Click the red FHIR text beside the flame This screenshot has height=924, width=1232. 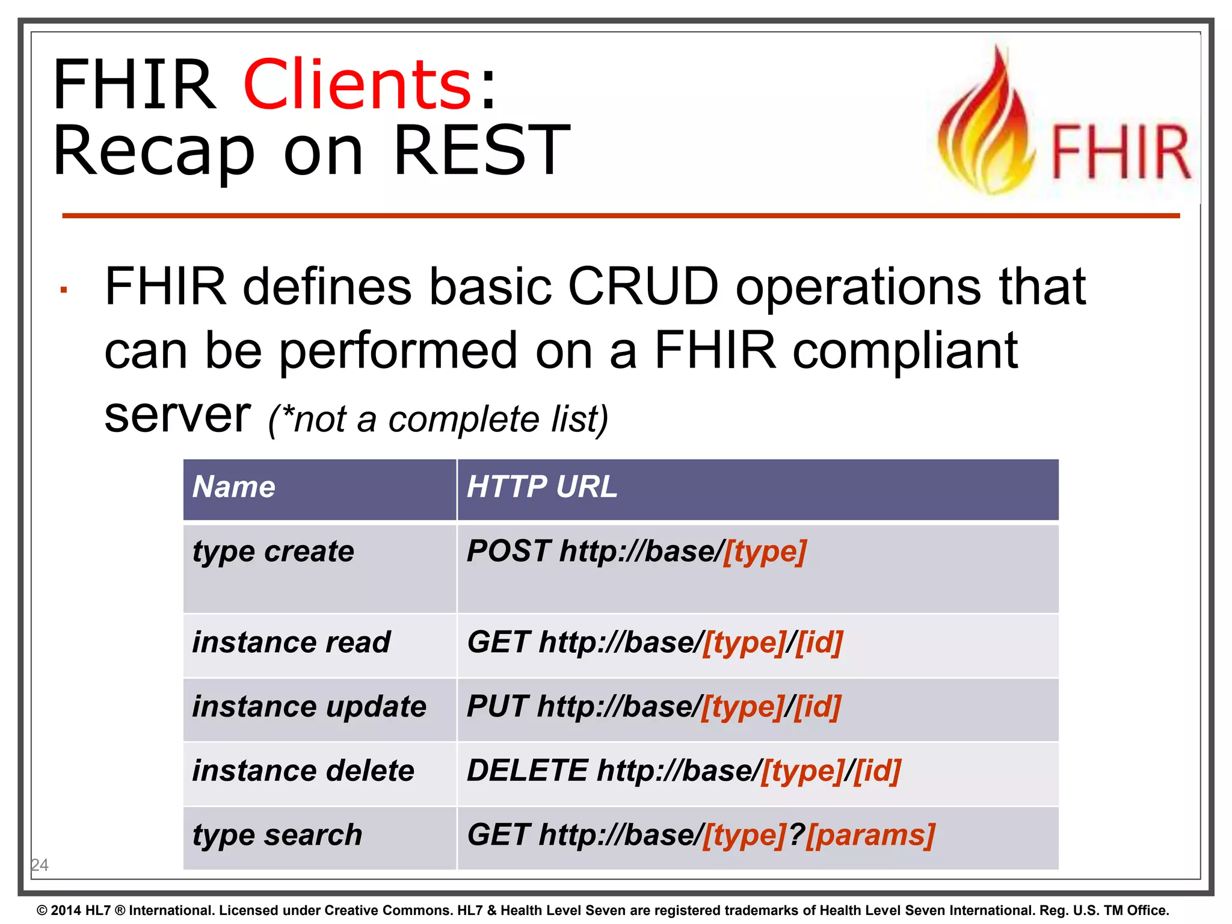click(x=1120, y=153)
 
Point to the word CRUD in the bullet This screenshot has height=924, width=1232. click(x=642, y=286)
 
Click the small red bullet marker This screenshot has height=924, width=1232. click(x=63, y=291)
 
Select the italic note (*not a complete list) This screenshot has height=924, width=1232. click(x=438, y=419)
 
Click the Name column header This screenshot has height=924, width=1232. click(x=234, y=487)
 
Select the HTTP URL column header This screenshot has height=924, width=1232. click(x=541, y=487)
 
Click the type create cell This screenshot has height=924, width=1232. click(x=274, y=552)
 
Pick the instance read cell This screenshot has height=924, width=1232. click(x=291, y=642)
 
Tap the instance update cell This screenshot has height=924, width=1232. click(x=309, y=706)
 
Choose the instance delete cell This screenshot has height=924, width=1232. click(x=303, y=771)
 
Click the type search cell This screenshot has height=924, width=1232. click(x=277, y=835)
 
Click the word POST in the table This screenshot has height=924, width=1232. click(x=508, y=551)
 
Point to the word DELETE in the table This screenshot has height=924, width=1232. click(x=527, y=771)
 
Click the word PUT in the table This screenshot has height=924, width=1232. click(x=497, y=706)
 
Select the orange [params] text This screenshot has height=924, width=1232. click(x=870, y=835)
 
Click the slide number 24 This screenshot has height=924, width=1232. click(x=40, y=865)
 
